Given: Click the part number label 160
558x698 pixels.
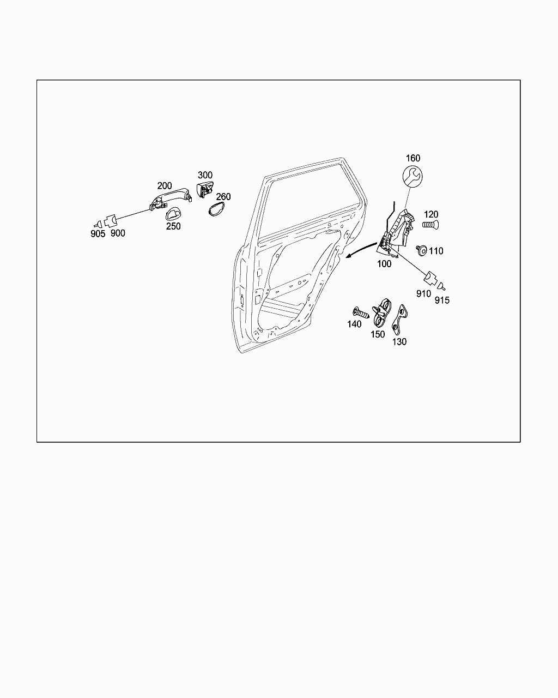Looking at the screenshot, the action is pyautogui.click(x=413, y=158).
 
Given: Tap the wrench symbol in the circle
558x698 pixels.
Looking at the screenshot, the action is pyautogui.click(x=413, y=177).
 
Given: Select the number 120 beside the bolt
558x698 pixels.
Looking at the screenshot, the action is pyautogui.click(x=430, y=214).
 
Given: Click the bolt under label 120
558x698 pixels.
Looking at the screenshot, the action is pyautogui.click(x=430, y=225).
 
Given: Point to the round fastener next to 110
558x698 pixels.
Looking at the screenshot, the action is pyautogui.click(x=422, y=250).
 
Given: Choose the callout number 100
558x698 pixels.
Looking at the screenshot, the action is pyautogui.click(x=384, y=263).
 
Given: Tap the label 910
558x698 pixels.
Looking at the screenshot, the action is pyautogui.click(x=423, y=293).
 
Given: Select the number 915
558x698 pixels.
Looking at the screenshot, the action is pyautogui.click(x=442, y=300).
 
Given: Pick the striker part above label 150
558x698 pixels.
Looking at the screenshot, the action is pyautogui.click(x=383, y=312).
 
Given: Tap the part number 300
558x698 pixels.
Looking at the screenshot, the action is pyautogui.click(x=205, y=175).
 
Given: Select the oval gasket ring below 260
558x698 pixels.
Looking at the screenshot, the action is pyautogui.click(x=216, y=208).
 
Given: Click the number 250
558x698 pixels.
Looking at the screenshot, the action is pyautogui.click(x=173, y=226).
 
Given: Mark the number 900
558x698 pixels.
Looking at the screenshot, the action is pyautogui.click(x=117, y=233).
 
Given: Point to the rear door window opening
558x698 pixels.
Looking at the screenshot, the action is pyautogui.click(x=311, y=202).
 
